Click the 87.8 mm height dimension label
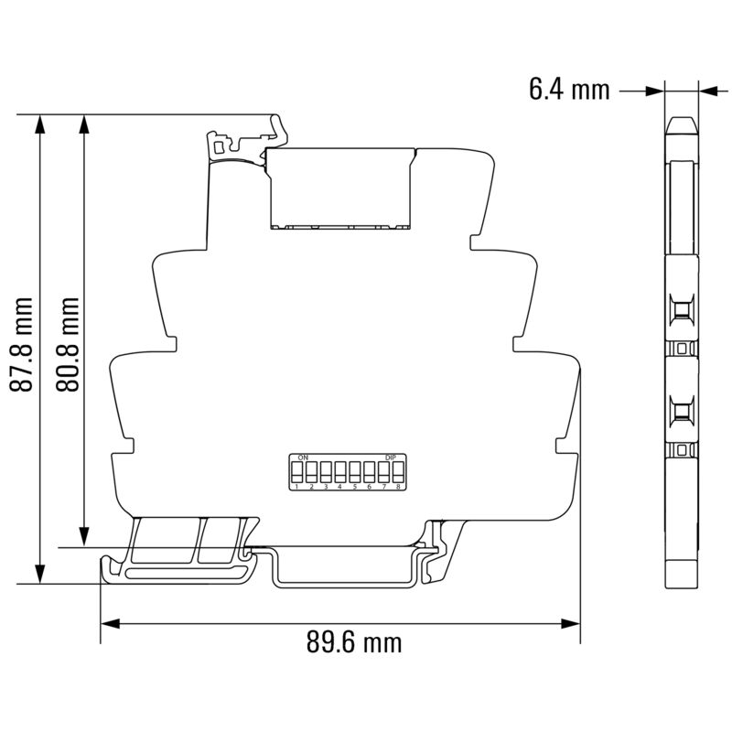[23, 344]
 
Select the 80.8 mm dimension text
[68, 344]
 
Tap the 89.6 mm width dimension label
[353, 642]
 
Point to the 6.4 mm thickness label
[568, 90]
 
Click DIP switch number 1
[297, 473]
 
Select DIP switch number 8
[398, 473]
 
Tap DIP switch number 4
[340, 473]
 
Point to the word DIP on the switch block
[391, 456]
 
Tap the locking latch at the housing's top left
[220, 145]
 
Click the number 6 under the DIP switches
[369, 488]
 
